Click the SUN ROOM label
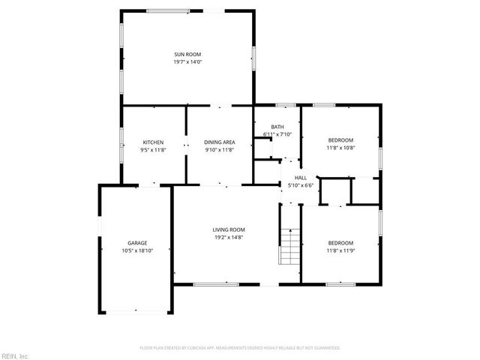[188, 54]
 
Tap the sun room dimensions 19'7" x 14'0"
[188, 61]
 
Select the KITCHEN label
[154, 142]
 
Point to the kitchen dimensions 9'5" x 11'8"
[154, 150]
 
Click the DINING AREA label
[220, 142]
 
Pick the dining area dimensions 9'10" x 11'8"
[220, 150]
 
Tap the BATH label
[277, 127]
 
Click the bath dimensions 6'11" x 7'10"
[277, 134]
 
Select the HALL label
[289, 178]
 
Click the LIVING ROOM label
[229, 229]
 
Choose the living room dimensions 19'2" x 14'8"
[229, 237]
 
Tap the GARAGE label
[137, 243]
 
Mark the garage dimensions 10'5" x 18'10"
[137, 250]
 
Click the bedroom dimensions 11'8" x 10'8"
[340, 148]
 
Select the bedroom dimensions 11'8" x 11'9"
[340, 250]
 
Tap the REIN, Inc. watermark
[15, 355]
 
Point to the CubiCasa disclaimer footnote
[240, 348]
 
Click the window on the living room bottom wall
[215, 284]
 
